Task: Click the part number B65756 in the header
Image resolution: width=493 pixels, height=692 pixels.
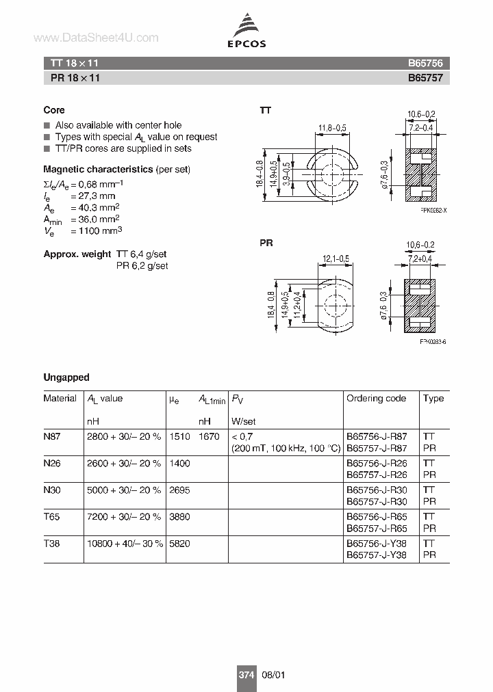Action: coord(425,63)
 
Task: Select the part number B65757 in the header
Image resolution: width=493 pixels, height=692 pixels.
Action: coord(425,78)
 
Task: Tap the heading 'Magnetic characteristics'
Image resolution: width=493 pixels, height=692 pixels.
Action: coord(98,169)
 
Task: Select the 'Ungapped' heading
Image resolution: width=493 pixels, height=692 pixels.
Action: coord(66,377)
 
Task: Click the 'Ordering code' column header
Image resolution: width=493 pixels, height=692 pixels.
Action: coord(376,398)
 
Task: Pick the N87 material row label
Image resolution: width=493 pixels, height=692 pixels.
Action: coord(52,436)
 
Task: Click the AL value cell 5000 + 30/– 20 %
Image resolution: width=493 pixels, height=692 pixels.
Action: coord(124,489)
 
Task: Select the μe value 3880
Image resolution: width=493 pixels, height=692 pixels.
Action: coord(179,516)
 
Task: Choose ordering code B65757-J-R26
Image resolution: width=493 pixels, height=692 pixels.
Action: coord(377,475)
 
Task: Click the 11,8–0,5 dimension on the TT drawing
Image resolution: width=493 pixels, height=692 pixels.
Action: coord(332,127)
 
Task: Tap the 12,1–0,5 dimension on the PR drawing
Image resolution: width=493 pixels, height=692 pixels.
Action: coord(335,258)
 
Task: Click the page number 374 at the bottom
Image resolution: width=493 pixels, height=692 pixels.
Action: coord(246,674)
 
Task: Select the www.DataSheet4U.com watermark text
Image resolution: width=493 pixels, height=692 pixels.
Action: coord(96,38)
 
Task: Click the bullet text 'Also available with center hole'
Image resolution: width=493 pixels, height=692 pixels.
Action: coord(118,125)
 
